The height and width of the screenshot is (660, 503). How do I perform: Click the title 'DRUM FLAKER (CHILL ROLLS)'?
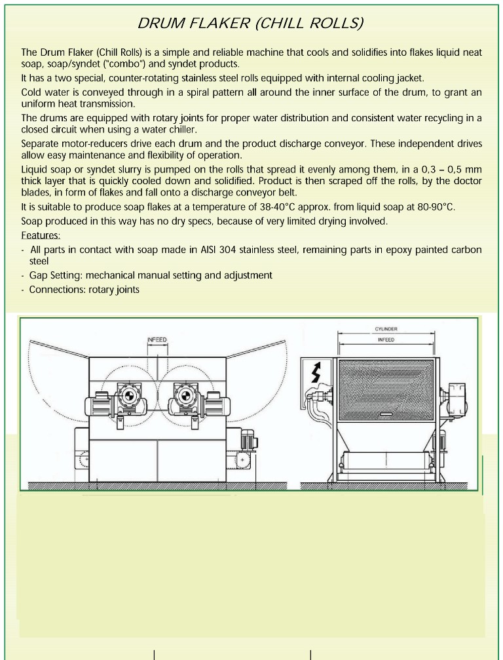click(251, 24)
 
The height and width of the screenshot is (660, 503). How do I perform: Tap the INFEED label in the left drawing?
click(157, 340)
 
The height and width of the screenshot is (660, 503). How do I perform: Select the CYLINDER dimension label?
click(386, 329)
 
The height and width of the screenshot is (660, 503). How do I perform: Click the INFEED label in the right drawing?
click(386, 340)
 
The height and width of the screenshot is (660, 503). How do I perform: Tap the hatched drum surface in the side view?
click(386, 387)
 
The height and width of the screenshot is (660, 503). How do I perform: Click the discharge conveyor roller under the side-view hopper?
click(386, 461)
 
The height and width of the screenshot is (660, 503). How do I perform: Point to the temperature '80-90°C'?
click(434, 207)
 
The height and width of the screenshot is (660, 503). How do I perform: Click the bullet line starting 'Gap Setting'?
click(151, 275)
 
